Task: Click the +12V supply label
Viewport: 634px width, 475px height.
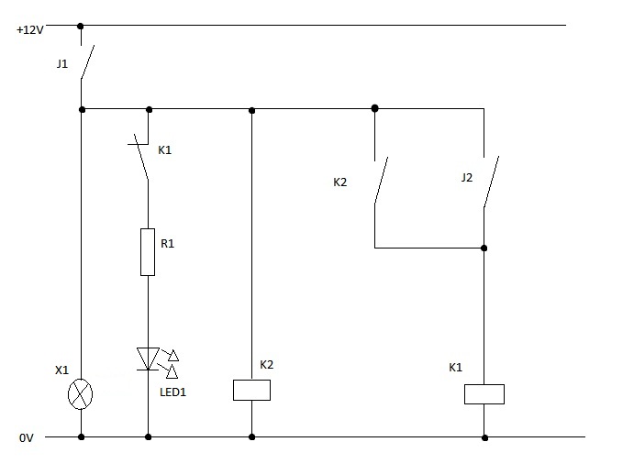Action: pyautogui.click(x=30, y=29)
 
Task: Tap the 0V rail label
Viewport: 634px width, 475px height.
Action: pyautogui.click(x=26, y=439)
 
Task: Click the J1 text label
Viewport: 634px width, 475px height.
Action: pyautogui.click(x=62, y=65)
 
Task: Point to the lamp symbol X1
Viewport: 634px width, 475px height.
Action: pyautogui.click(x=82, y=394)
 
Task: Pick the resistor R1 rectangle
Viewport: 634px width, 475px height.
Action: pyautogui.click(x=148, y=252)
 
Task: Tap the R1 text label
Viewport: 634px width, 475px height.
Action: pyautogui.click(x=167, y=244)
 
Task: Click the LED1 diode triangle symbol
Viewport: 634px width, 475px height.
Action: pyautogui.click(x=149, y=359)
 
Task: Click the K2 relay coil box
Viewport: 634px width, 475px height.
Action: pyautogui.click(x=251, y=390)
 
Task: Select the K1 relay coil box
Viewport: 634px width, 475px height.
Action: pyautogui.click(x=484, y=393)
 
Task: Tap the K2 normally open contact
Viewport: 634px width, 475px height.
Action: pyautogui.click(x=380, y=181)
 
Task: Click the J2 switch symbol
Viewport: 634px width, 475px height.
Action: pyautogui.click(x=491, y=181)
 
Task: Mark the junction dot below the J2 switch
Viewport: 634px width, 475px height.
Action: pyautogui.click(x=484, y=248)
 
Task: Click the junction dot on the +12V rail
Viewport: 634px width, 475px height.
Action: pyautogui.click(x=82, y=26)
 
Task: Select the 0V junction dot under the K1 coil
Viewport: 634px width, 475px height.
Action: pyautogui.click(x=484, y=437)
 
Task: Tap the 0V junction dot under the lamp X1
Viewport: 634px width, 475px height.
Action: pyautogui.click(x=82, y=437)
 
